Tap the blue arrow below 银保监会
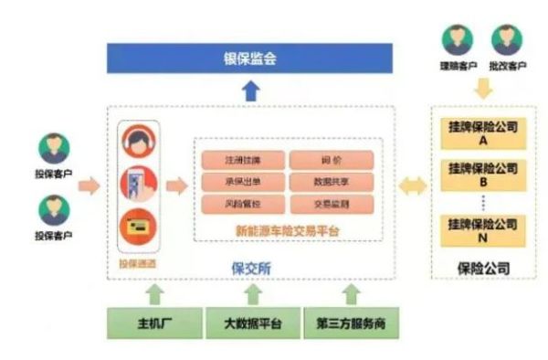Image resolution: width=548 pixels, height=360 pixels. click(251, 90)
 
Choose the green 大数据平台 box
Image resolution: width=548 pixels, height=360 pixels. click(250, 324)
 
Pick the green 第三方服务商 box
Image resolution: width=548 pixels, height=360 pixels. click(349, 324)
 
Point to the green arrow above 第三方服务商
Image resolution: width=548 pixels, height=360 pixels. click(350, 294)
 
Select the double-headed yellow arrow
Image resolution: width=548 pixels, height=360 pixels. click(413, 186)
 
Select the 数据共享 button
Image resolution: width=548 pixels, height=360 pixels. click(331, 181)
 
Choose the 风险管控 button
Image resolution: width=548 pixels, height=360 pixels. click(242, 202)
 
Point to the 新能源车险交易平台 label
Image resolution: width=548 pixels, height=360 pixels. click(286, 230)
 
